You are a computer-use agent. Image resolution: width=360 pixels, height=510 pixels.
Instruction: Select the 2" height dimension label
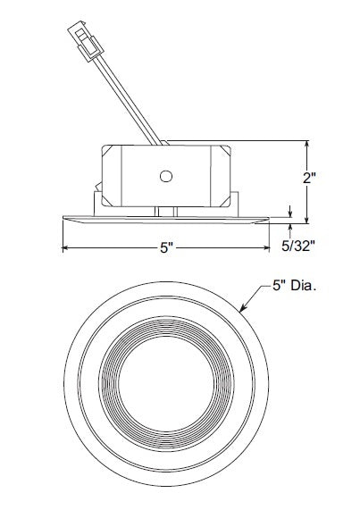(x=310, y=177)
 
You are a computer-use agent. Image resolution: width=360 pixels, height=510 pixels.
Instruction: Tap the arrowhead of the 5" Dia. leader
(x=243, y=310)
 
